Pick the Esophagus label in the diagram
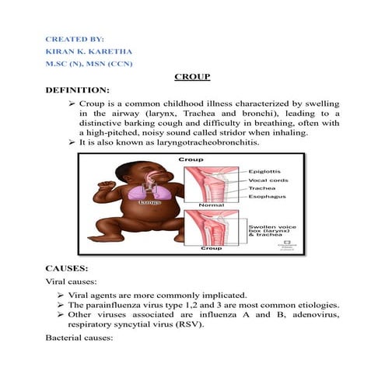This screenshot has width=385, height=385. pyautogui.click(x=265, y=198)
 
